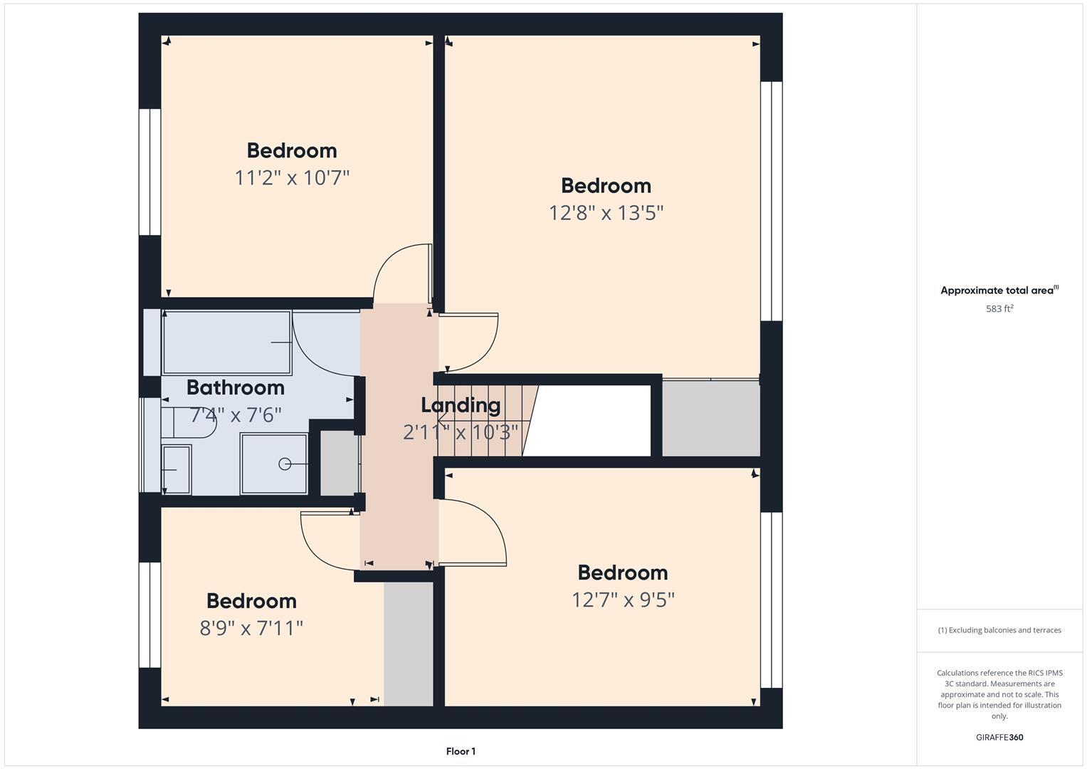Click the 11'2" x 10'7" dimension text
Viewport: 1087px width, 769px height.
pyautogui.click(x=292, y=177)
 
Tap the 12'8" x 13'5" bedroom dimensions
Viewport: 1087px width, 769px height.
pyautogui.click(x=606, y=212)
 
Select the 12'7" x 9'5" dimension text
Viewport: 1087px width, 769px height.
pyautogui.click(x=623, y=600)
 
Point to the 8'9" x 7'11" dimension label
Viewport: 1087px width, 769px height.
pyautogui.click(x=251, y=628)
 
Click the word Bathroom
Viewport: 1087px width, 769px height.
pyautogui.click(x=235, y=387)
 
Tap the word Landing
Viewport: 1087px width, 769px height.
pyautogui.click(x=461, y=405)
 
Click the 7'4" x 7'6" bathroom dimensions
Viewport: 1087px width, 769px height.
pyautogui.click(x=236, y=414)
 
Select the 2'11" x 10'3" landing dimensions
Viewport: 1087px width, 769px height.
pyautogui.click(x=461, y=432)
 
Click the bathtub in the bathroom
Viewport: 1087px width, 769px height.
pyautogui.click(x=226, y=342)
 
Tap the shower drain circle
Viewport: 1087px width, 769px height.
pyautogui.click(x=285, y=464)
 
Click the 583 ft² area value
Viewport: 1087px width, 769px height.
pyautogui.click(x=999, y=309)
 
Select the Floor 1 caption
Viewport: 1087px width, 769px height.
pyautogui.click(x=461, y=751)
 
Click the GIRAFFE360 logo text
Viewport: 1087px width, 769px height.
pyautogui.click(x=999, y=738)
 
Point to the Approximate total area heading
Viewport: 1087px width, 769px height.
pyautogui.click(x=999, y=291)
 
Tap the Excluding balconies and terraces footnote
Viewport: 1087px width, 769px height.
pyautogui.click(x=999, y=630)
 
